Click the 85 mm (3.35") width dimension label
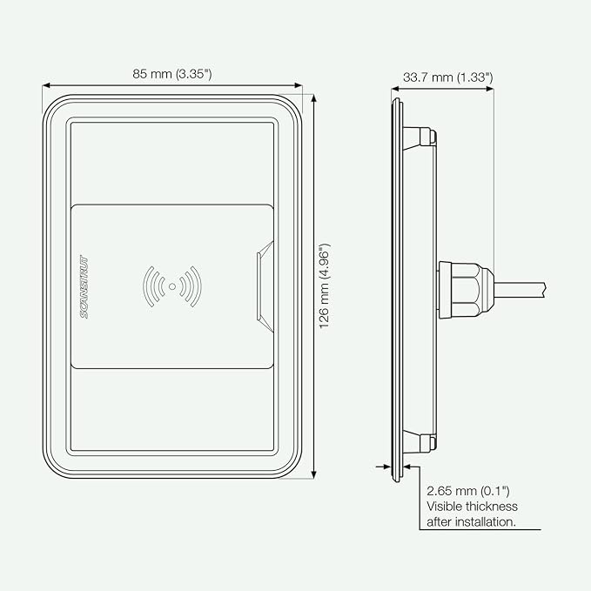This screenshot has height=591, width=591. [x=171, y=74]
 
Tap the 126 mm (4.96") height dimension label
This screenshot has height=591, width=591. [x=325, y=286]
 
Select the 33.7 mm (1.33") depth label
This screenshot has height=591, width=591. [x=447, y=77]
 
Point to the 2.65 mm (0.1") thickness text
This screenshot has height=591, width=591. [x=467, y=491]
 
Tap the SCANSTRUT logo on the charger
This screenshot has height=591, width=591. [x=84, y=287]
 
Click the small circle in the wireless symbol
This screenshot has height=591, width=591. [x=172, y=286]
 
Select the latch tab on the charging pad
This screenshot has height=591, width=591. [x=265, y=286]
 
